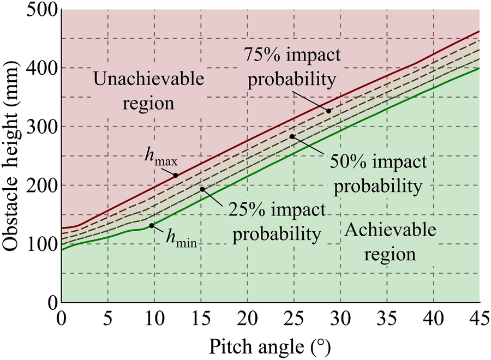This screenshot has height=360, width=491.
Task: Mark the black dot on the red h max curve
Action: pos(176,175)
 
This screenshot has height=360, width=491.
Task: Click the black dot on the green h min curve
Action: pos(151,225)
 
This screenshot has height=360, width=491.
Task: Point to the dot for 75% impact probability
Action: pos(329,111)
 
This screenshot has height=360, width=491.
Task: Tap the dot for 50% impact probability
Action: pos(292,136)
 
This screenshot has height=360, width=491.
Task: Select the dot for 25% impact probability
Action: pos(202,189)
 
